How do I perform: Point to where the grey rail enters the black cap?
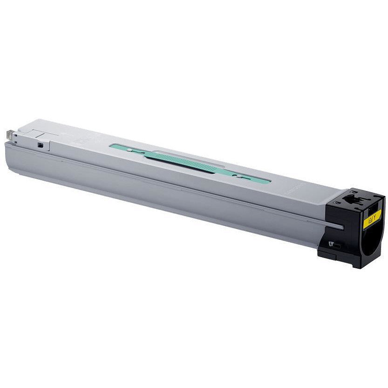point(340,227)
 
